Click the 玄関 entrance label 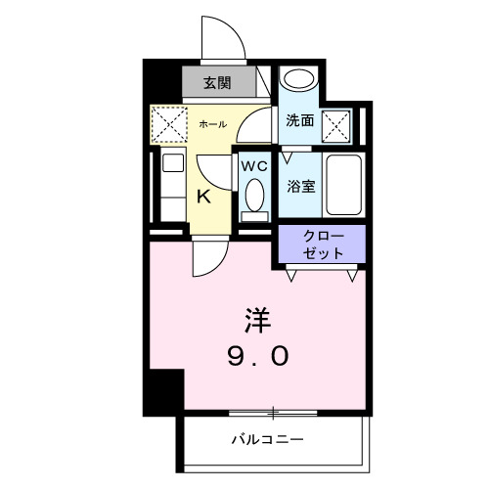[217, 82]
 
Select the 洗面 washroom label [299, 121]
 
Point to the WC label [255, 166]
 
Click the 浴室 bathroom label [300, 186]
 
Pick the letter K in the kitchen [203, 196]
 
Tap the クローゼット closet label [323, 244]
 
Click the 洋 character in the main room [256, 320]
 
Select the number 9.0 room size [257, 356]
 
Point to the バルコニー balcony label [268, 438]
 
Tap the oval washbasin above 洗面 [299, 82]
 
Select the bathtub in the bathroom [342, 185]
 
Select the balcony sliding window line [274, 412]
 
